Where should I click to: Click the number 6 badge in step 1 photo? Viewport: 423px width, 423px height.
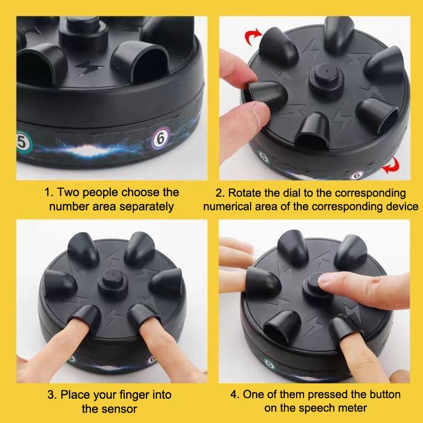[x=160, y=139]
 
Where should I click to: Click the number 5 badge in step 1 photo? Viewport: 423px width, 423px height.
[x=24, y=142]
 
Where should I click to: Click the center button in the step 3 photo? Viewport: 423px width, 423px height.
[x=113, y=282]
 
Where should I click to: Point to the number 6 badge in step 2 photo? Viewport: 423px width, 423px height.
[x=357, y=176]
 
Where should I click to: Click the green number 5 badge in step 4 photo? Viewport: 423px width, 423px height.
[x=269, y=365]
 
